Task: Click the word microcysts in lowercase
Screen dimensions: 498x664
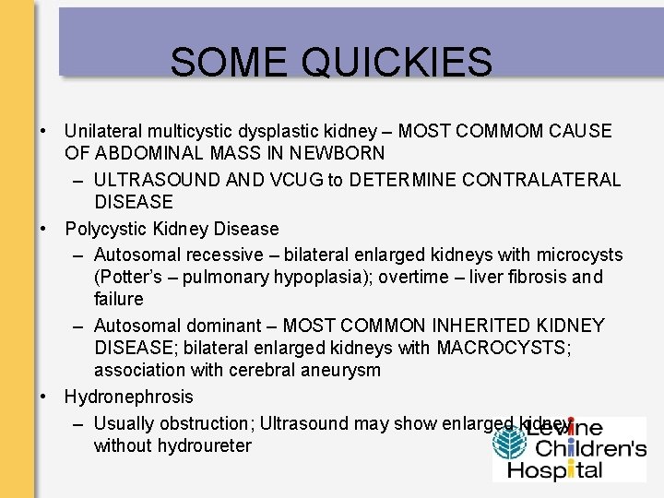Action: (578, 255)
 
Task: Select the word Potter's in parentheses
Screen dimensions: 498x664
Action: (129, 278)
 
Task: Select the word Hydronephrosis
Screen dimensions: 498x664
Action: (129, 397)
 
